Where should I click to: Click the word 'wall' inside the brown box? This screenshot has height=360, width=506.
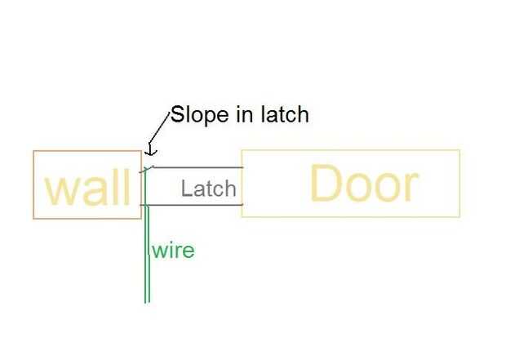click(x=87, y=189)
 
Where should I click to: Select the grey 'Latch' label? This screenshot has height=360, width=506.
click(x=208, y=189)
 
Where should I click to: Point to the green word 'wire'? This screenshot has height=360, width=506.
click(x=172, y=250)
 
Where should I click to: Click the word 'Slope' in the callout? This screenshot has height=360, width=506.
click(x=199, y=114)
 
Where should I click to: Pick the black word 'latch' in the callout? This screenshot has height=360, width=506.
click(x=283, y=114)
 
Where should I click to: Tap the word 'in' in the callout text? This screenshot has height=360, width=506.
click(x=244, y=114)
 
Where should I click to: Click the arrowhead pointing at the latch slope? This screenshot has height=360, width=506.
click(x=149, y=150)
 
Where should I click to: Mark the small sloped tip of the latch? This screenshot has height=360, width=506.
click(x=146, y=169)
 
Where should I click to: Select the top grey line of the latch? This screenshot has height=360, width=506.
click(x=196, y=168)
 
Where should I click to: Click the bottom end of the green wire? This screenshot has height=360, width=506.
click(x=147, y=302)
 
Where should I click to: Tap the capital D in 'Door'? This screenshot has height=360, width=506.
click(x=324, y=184)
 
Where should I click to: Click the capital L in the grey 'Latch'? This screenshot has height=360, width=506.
click(x=186, y=189)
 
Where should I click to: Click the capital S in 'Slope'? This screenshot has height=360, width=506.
click(x=175, y=114)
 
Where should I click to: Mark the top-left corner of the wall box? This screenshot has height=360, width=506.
click(x=33, y=151)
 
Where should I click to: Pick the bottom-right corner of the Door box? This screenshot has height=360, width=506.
click(x=460, y=217)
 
